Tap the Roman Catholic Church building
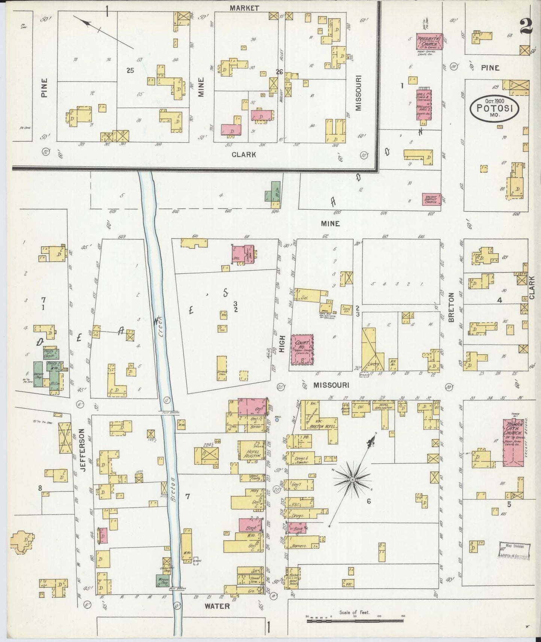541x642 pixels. click(x=513, y=443)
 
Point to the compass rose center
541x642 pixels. click(x=352, y=479)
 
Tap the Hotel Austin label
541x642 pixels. click(x=249, y=454)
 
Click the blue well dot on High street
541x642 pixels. click(x=277, y=420)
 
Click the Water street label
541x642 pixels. click(x=218, y=606)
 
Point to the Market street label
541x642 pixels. click(x=244, y=8)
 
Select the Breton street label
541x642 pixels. click(x=451, y=308)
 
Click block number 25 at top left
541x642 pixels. click(x=130, y=70)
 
